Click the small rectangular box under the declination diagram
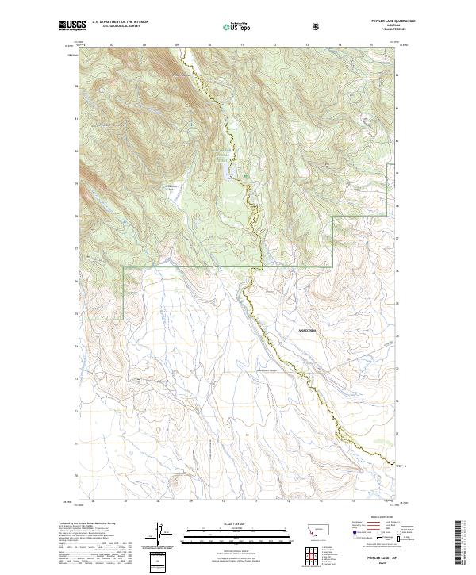(x=161, y=560)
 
